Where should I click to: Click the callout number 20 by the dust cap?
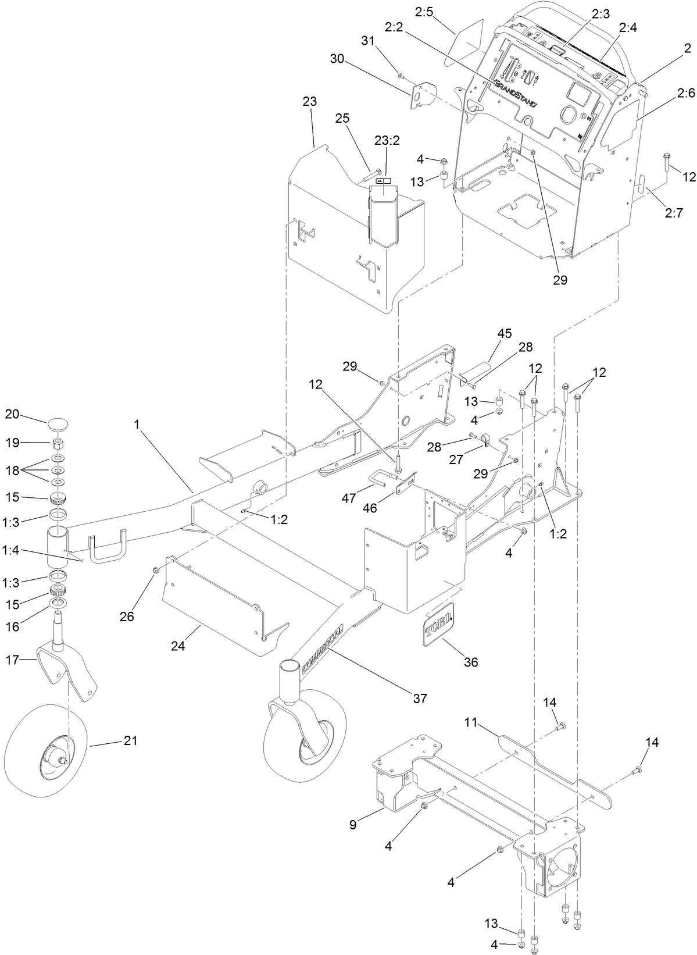click(x=12, y=414)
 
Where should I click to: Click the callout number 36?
click(x=471, y=662)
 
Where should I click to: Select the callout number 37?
click(x=420, y=698)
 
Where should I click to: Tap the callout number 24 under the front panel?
click(x=178, y=646)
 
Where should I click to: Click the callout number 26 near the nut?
click(x=127, y=617)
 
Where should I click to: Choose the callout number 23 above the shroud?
click(x=310, y=101)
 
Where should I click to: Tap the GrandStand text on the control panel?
click(x=515, y=94)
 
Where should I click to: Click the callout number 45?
click(x=504, y=333)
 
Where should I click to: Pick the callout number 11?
click(x=471, y=722)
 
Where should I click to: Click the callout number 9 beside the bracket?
click(x=353, y=824)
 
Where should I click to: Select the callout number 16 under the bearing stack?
click(x=12, y=626)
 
